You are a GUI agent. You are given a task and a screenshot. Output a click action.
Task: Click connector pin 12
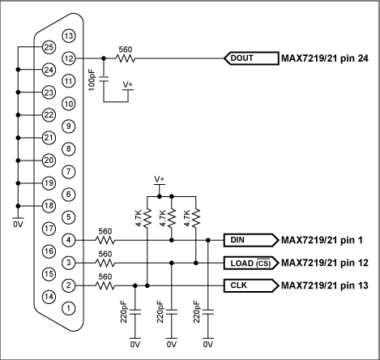tap(69, 58)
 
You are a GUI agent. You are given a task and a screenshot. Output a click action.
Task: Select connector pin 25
tap(48, 47)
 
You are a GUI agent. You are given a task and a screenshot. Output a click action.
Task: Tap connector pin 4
tap(69, 240)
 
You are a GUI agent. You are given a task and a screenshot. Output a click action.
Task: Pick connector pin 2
tap(69, 285)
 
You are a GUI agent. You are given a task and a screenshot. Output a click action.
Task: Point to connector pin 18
tap(48, 206)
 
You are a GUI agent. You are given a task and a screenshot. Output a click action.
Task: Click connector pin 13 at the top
tap(69, 36)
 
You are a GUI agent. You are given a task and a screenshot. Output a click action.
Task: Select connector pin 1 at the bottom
tap(69, 308)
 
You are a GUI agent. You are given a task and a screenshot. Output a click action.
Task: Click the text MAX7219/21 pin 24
tap(326, 58)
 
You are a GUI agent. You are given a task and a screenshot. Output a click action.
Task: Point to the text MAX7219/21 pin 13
tap(326, 285)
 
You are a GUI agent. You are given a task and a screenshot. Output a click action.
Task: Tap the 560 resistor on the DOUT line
tap(126, 58)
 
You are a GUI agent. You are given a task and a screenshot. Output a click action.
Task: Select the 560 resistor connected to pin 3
tap(104, 263)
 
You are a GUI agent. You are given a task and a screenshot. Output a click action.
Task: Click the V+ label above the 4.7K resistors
tap(160, 178)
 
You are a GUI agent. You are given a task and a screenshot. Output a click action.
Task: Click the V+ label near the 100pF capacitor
tap(128, 84)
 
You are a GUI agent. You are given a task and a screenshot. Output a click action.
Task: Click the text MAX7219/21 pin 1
tap(323, 240)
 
